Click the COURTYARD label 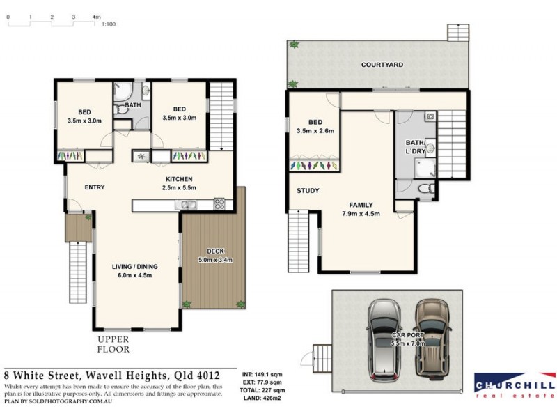click(382, 65)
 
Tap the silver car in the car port click(385, 341)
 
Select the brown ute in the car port click(432, 339)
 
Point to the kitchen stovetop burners click(219, 203)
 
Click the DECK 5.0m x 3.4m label click(215, 256)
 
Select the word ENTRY click(95, 187)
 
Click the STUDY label click(308, 191)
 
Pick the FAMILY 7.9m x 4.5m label click(361, 210)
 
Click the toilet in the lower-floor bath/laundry click(426, 188)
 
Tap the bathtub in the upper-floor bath click(123, 92)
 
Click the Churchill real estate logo click(515, 385)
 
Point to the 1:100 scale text click(109, 24)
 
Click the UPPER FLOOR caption click(113, 344)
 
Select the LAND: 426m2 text click(262, 398)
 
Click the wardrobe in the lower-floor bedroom click(314, 166)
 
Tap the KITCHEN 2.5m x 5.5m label click(179, 183)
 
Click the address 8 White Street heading click(112, 376)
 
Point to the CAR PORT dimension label click(408, 339)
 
